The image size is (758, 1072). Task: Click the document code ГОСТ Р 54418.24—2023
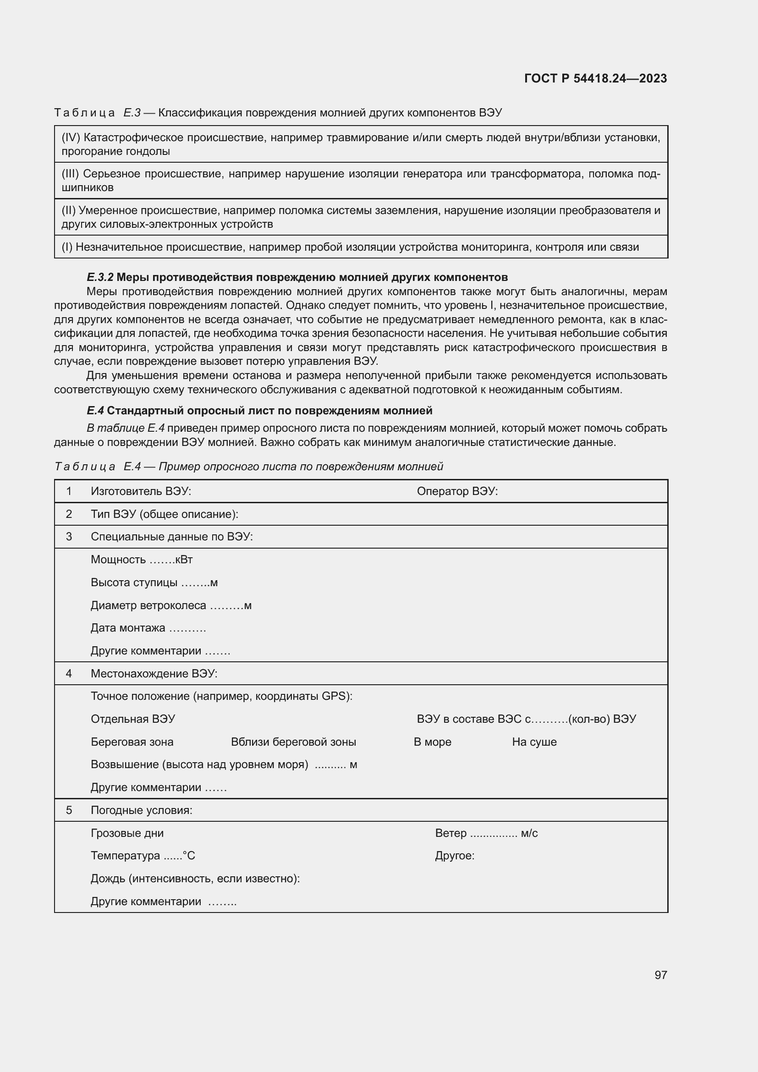(595, 78)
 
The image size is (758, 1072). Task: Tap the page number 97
(660, 975)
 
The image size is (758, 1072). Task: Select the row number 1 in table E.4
(69, 491)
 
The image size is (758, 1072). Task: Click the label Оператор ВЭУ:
(457, 491)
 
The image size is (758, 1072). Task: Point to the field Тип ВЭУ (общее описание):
(165, 514)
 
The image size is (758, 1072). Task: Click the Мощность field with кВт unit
(142, 559)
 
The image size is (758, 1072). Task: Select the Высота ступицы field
(154, 582)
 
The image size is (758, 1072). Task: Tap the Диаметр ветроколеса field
(171, 605)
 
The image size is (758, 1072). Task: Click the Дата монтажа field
(148, 627)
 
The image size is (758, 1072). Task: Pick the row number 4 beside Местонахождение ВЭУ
(69, 673)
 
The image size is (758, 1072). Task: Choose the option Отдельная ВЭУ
(133, 719)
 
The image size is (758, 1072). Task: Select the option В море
(432, 742)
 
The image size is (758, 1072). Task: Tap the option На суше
(534, 742)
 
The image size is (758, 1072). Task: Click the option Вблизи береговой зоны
(293, 742)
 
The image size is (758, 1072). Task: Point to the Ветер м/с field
(486, 833)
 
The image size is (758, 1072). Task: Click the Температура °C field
(143, 856)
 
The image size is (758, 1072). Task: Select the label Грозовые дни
(127, 833)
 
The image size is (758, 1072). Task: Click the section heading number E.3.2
(100, 277)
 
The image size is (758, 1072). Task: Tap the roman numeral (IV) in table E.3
(71, 138)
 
